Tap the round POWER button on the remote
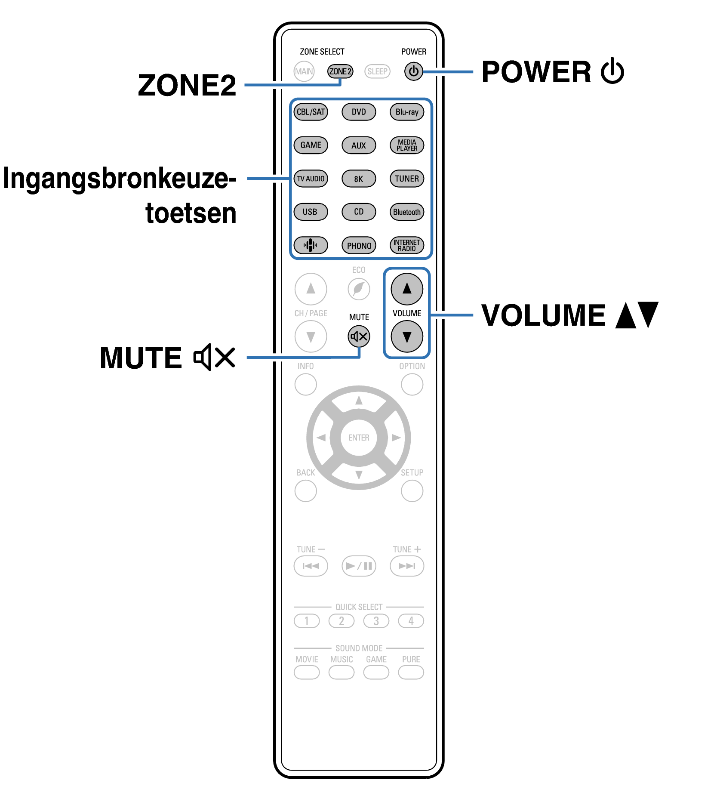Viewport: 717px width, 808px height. (413, 71)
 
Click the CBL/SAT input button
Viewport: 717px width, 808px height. (311, 112)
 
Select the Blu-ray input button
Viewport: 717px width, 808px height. (406, 112)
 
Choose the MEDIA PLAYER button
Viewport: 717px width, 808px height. (406, 145)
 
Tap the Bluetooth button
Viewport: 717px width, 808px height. (406, 212)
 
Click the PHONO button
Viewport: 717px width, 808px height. (359, 246)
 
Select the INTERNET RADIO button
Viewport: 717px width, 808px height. (406, 246)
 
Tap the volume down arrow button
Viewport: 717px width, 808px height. (406, 336)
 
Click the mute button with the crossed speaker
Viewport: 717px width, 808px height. (359, 336)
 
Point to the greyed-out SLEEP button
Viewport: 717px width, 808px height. (377, 71)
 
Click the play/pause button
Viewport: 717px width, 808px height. (359, 566)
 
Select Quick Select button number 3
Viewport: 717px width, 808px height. (376, 621)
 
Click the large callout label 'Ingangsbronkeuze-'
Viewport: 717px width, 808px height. (120, 179)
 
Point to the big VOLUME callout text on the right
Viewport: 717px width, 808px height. (543, 315)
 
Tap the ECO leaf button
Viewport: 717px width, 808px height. (359, 289)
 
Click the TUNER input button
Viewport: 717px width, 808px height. (406, 179)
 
